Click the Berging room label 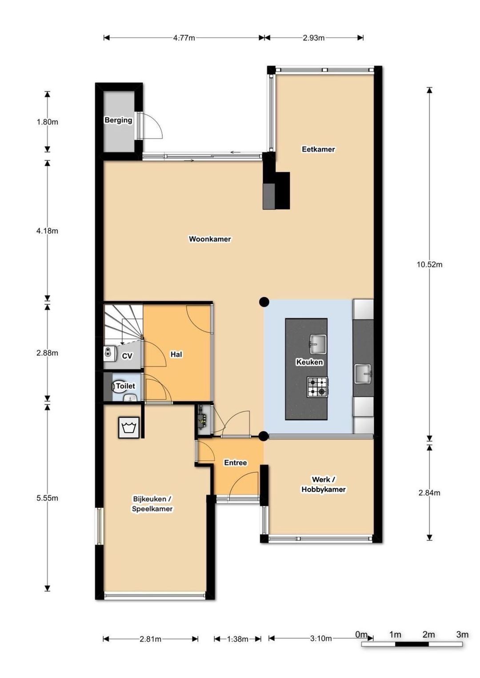pos(118,120)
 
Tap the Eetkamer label pos(318,149)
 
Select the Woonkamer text pos(210,239)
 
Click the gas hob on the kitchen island pos(318,387)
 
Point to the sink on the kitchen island pos(318,344)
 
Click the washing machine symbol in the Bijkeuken pos(129,428)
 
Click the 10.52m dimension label pos(429,264)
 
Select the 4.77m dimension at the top pos(184,38)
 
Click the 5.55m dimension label pos(47,498)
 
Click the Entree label pos(235,463)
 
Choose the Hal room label pos(176,354)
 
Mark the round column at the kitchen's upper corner pos(264,302)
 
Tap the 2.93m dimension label pos(313,38)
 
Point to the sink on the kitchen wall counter pos(363,374)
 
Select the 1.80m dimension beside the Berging pos(47,122)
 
